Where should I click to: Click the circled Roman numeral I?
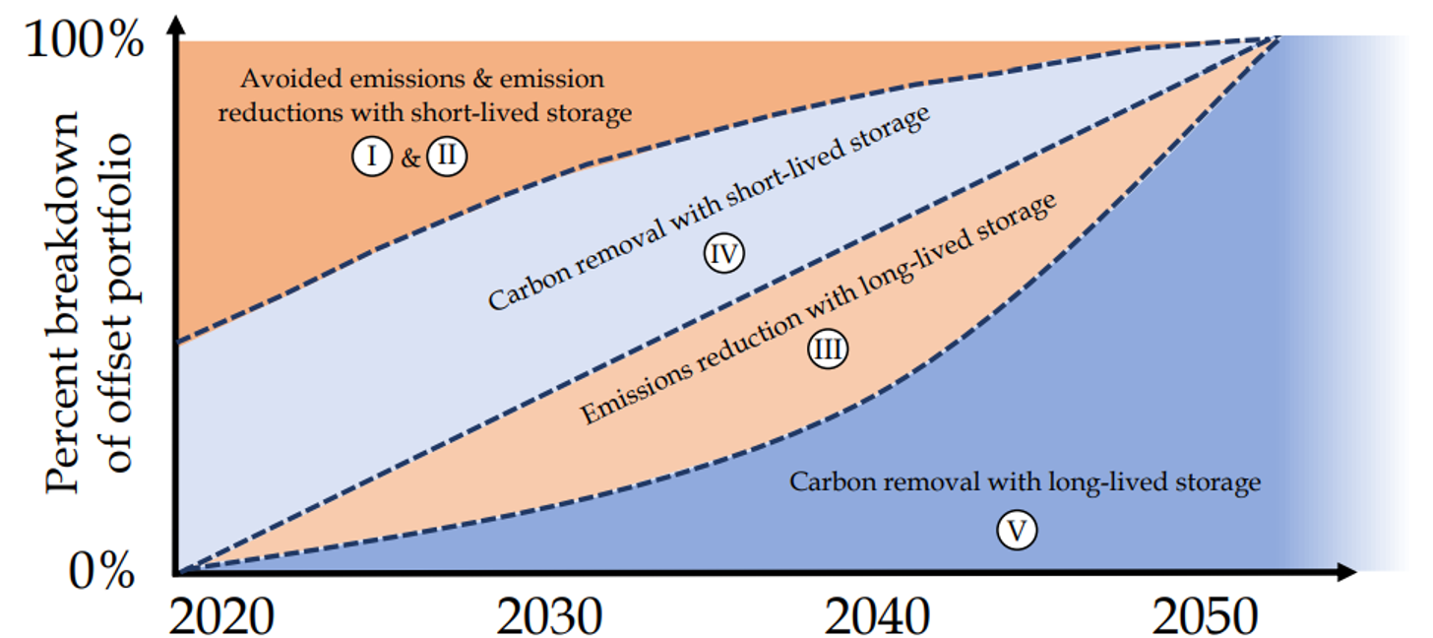coord(371,157)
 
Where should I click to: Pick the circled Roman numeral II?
coord(446,157)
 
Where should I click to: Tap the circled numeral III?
coord(828,350)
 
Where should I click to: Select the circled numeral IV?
coord(723,254)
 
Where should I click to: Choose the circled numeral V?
coord(1018,531)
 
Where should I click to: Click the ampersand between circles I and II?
coord(409,158)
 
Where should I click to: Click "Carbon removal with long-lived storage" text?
coord(1025,482)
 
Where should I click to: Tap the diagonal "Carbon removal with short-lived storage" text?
coord(709,210)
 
